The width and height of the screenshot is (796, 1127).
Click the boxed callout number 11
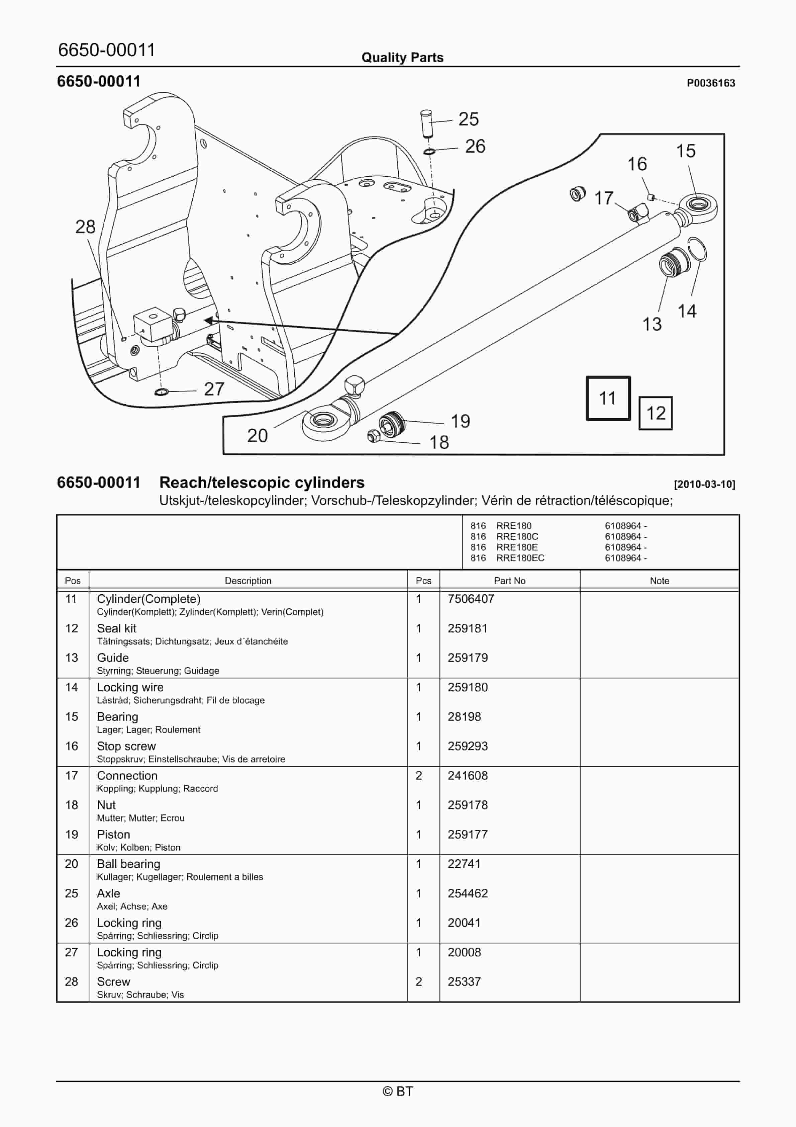tap(608, 398)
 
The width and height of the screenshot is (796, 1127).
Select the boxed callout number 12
tap(655, 413)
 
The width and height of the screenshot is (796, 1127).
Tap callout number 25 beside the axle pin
tap(468, 119)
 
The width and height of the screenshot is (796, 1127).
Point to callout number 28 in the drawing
tap(85, 227)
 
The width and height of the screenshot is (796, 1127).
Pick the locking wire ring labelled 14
tap(697, 249)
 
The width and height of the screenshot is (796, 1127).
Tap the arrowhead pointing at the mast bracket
tap(209, 321)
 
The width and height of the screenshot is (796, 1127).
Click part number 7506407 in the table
tap(471, 599)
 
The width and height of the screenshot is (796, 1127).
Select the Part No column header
tap(509, 581)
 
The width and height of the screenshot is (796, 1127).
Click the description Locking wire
tap(130, 687)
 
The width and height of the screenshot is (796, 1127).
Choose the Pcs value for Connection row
tap(419, 776)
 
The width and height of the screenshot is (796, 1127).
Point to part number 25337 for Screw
tap(464, 982)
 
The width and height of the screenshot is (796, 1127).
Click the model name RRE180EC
tap(520, 558)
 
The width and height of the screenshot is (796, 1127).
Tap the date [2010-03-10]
tap(704, 485)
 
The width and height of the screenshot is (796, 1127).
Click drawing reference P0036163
tap(711, 83)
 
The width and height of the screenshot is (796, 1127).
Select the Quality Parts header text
tap(402, 58)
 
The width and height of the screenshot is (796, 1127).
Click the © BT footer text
tap(398, 1091)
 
